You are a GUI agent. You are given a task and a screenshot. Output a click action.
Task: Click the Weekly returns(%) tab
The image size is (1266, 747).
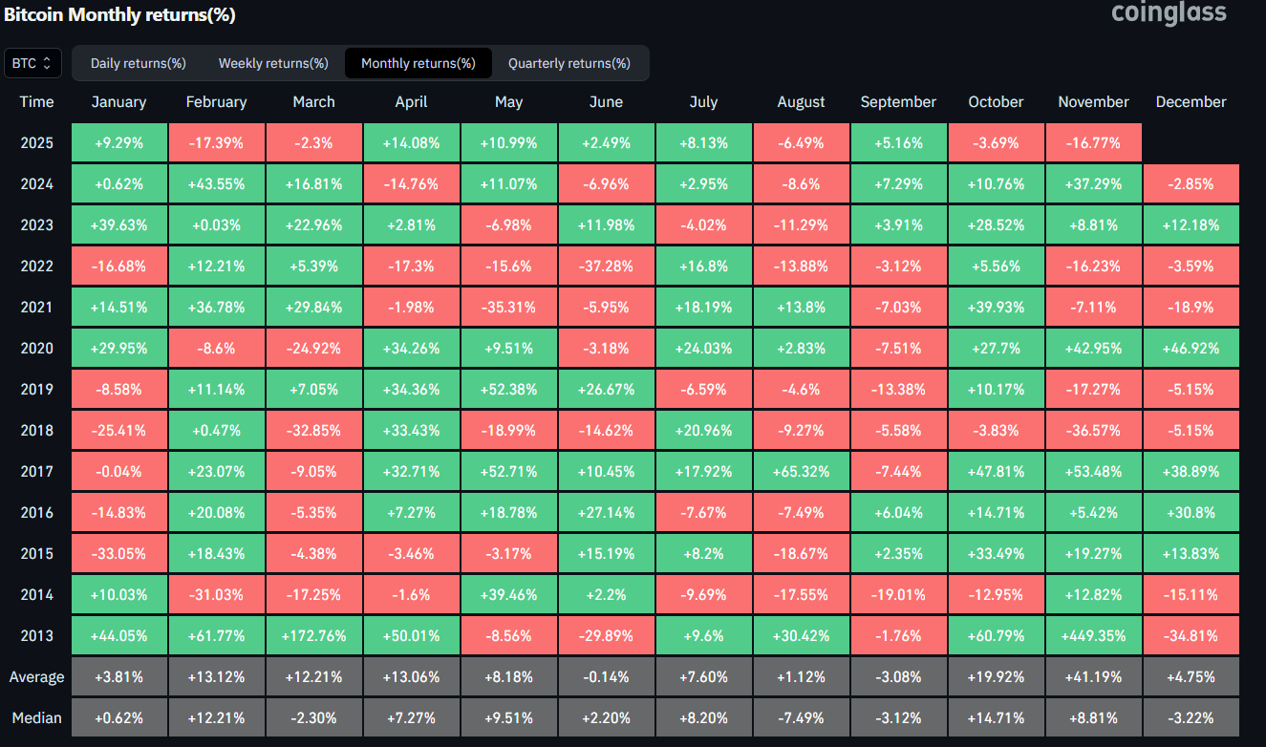point(273,63)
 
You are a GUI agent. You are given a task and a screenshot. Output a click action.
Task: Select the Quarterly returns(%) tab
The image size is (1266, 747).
point(569,63)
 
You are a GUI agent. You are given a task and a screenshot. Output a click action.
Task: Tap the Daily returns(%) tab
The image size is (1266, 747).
point(138,63)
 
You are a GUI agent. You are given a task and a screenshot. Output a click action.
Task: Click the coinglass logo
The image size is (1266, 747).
point(1169,13)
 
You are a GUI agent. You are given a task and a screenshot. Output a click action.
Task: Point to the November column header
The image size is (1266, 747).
point(1093,102)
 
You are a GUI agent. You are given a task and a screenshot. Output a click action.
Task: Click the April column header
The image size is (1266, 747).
point(411,102)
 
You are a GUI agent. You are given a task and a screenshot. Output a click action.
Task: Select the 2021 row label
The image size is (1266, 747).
point(36,308)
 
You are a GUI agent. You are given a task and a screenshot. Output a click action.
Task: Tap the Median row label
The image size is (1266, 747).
point(36,717)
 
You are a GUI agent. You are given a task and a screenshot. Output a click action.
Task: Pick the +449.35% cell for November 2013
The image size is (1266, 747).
point(1093,635)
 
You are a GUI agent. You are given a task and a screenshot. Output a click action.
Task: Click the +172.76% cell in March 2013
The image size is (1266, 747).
point(313,635)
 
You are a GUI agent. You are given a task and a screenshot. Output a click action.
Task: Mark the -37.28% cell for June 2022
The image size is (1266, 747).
point(606,267)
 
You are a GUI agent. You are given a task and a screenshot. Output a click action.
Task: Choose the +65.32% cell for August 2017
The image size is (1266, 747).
point(801,471)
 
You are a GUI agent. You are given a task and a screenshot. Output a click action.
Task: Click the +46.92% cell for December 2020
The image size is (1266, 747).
point(1191,349)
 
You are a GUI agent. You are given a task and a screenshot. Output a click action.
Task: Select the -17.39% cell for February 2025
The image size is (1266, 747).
point(216,143)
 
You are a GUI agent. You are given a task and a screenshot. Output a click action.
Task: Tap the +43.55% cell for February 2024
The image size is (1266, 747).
point(216,184)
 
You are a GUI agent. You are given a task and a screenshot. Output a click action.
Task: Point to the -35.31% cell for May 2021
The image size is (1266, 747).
point(508,308)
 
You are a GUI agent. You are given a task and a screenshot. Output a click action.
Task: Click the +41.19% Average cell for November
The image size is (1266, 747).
point(1093,677)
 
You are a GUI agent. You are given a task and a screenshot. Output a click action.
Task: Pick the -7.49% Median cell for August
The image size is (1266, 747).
point(801,717)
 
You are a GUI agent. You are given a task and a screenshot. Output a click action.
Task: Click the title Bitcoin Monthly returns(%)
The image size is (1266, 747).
point(120,15)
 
